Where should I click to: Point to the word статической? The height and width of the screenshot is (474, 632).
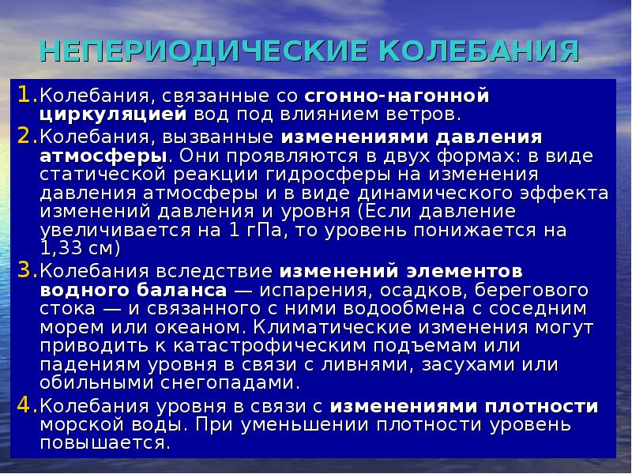coord(103,174)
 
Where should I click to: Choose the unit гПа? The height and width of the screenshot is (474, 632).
coord(279,232)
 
